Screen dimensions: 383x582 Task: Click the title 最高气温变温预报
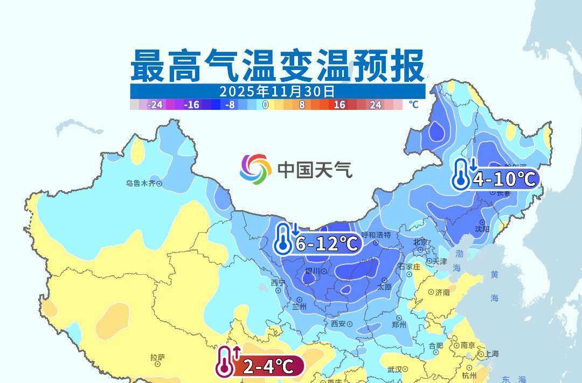pos(277,66)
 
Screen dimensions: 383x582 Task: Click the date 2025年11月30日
pos(277,90)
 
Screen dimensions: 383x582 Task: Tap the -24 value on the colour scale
pos(155,105)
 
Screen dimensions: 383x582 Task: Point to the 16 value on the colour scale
pos(339,105)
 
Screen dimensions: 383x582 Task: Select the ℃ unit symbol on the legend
pos(413,105)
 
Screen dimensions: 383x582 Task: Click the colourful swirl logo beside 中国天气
pos(255,169)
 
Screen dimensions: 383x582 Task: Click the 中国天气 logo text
pos(315,170)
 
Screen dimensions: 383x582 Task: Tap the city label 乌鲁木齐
pos(140,184)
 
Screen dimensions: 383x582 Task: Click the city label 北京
pos(420,242)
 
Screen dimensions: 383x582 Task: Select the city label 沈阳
pos(482,228)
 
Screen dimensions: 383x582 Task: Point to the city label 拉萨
pos(157,357)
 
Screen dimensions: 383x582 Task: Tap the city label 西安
pos(338,324)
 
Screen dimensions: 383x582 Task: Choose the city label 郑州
pos(399,324)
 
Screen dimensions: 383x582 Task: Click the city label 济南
pos(442,293)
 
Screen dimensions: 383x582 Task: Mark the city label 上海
pos(491,354)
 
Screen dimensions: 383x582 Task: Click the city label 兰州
pos(299,307)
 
